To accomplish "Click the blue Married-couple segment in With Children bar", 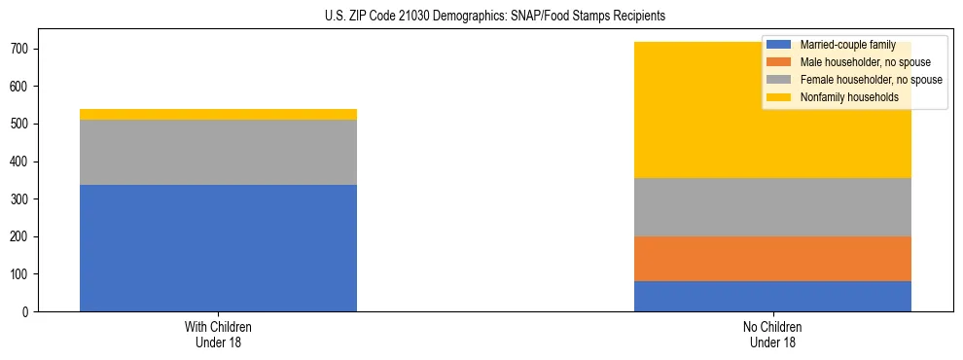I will click(218, 248).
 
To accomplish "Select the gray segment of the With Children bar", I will click(218, 152).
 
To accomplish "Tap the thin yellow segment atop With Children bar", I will click(218, 114).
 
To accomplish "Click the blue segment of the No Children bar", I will click(772, 296).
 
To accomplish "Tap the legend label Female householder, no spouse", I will click(871, 80).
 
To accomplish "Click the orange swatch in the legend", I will click(779, 62).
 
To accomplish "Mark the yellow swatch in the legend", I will click(779, 97).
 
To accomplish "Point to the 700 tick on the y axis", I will click(21, 49).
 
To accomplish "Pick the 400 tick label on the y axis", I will click(21, 162).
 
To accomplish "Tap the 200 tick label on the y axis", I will click(21, 236).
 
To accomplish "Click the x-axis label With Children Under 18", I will click(218, 334).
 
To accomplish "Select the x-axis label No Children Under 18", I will click(772, 334).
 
